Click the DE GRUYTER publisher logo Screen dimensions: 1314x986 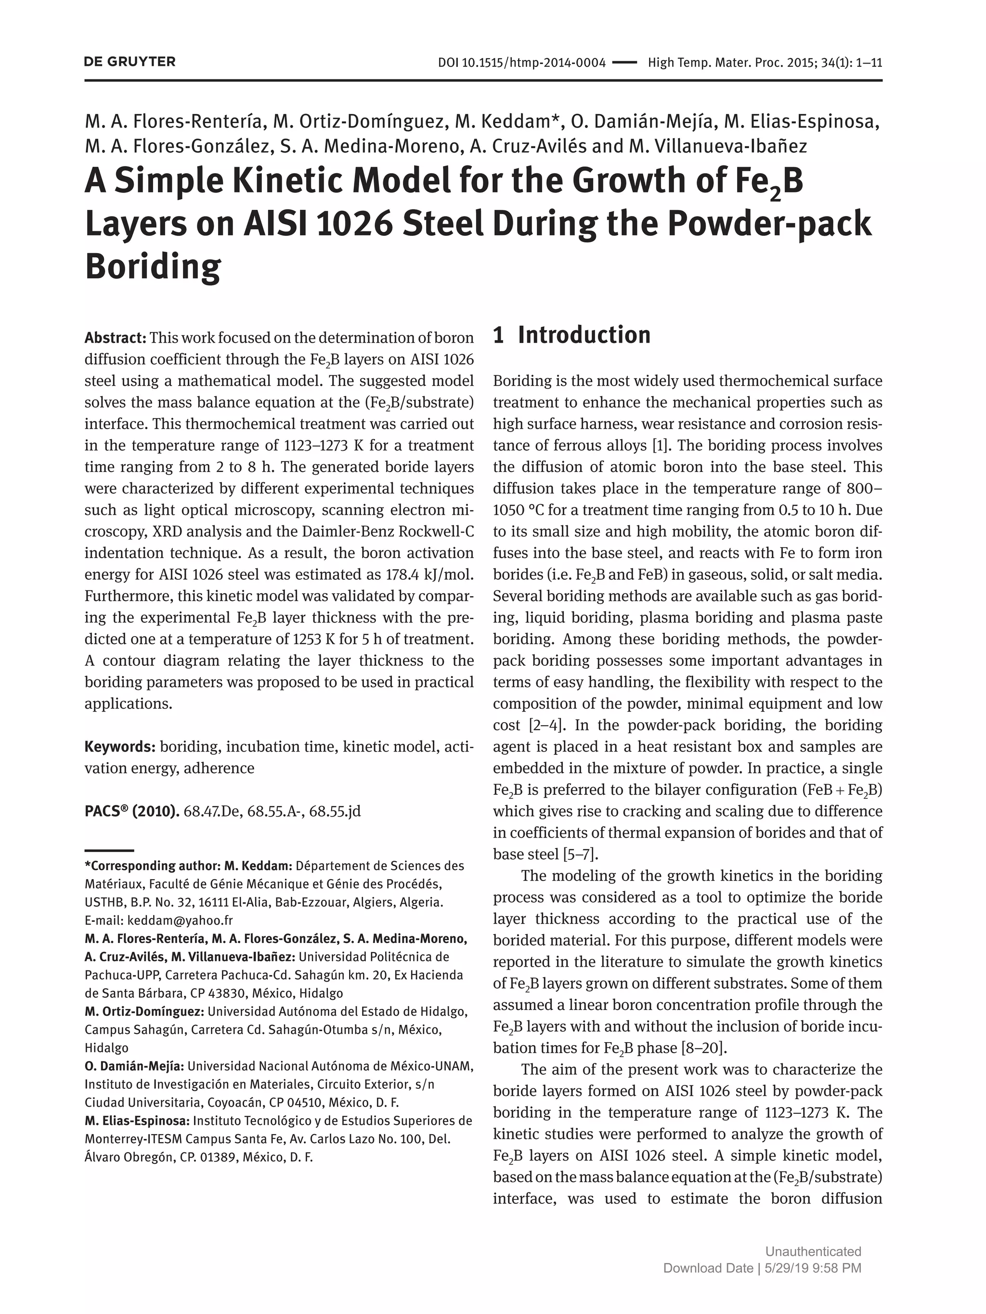(130, 62)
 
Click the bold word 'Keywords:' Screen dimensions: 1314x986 (119, 747)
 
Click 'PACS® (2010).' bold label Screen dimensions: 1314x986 (132, 812)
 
